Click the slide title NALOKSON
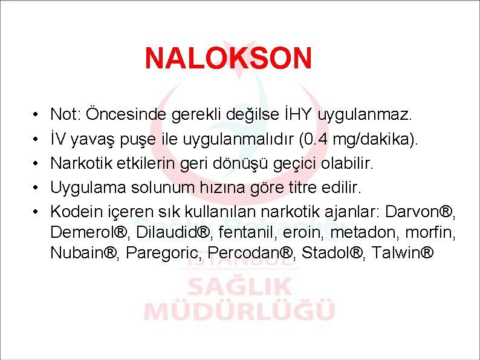229,59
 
